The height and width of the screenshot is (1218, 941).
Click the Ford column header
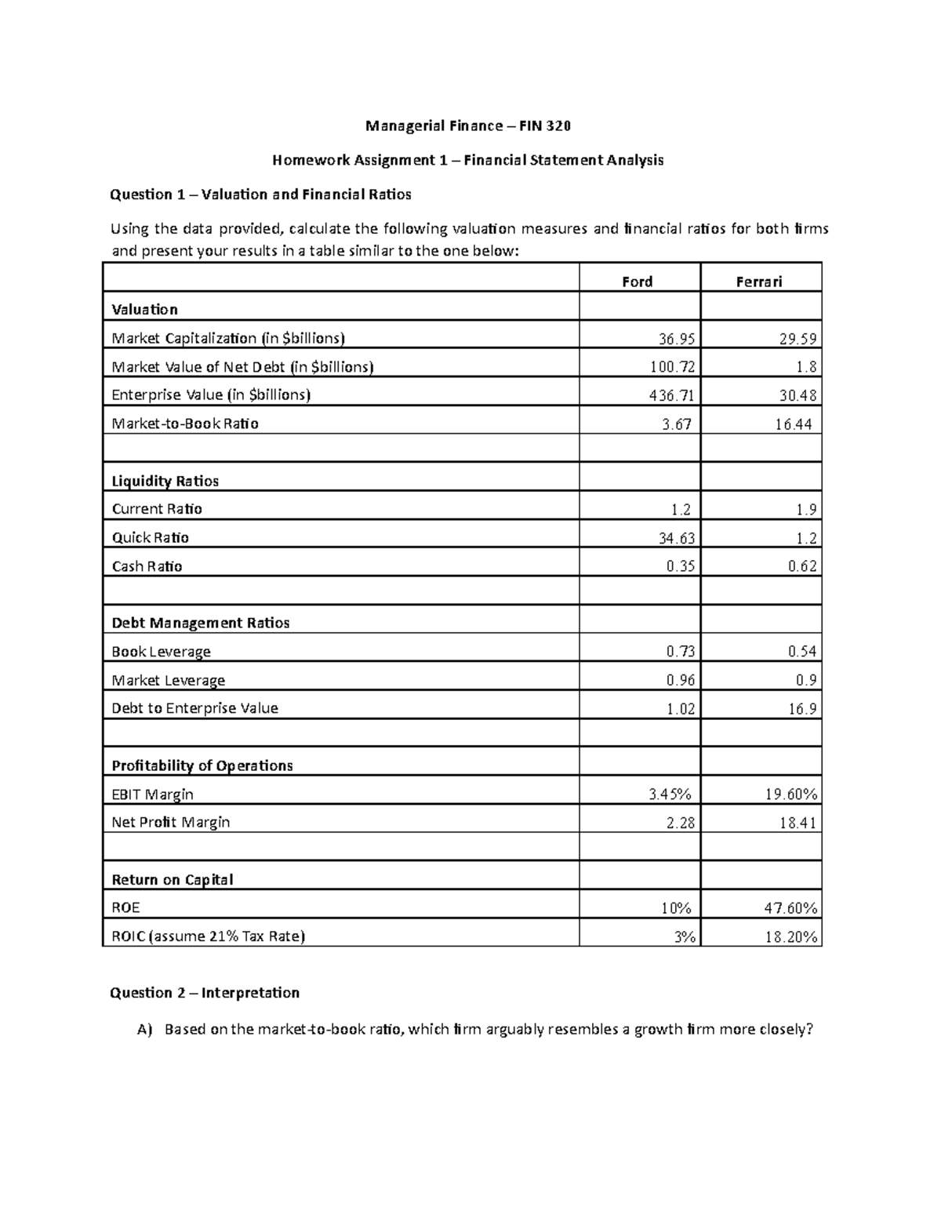637,282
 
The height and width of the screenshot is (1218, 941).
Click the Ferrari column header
758,282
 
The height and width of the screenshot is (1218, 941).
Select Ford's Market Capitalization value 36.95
676,339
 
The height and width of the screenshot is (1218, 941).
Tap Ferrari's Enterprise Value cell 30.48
798,395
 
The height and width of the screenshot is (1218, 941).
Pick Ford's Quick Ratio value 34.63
676,538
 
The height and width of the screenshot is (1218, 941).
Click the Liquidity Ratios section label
165,481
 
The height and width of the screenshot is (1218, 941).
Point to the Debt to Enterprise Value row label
194,708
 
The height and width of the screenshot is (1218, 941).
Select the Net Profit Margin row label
171,822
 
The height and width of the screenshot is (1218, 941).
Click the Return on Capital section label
173,879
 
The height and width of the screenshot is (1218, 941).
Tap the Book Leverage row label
161,652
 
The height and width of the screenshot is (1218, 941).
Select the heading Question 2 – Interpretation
205,993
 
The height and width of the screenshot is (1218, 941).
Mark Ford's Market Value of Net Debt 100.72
672,367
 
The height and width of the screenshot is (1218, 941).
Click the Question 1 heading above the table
260,195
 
